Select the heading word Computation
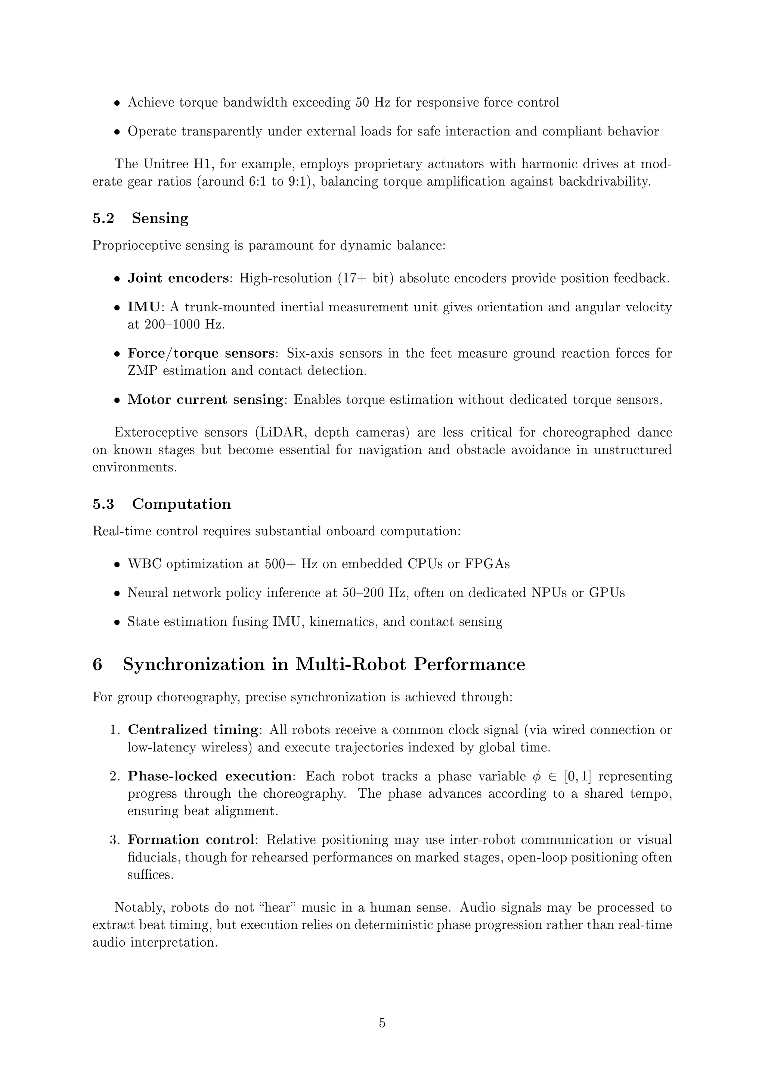pyautogui.click(x=182, y=504)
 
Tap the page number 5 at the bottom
pyautogui.click(x=382, y=1023)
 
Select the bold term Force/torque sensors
pyautogui.click(x=201, y=353)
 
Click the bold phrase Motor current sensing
pyautogui.click(x=205, y=400)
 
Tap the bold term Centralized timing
pyautogui.click(x=193, y=730)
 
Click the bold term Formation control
pyautogui.click(x=191, y=840)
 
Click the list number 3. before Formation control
pyautogui.click(x=115, y=840)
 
